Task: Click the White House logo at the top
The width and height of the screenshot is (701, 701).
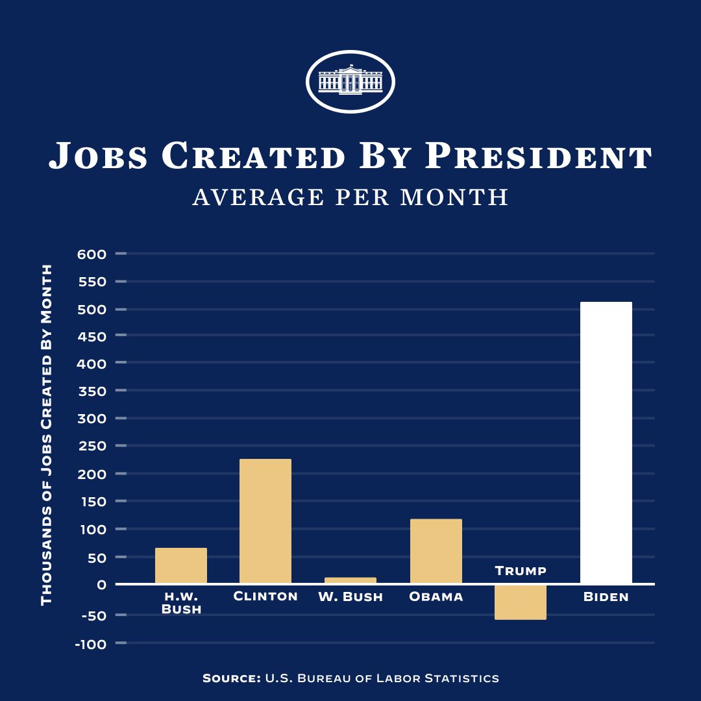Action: [x=350, y=82]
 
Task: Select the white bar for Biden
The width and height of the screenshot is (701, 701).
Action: [x=606, y=443]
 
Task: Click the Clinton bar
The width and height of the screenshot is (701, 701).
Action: [x=265, y=521]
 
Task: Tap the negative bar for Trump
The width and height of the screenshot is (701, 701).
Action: [x=521, y=602]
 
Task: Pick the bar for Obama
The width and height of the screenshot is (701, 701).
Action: [x=436, y=551]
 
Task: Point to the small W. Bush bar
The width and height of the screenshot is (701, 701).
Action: [x=350, y=580]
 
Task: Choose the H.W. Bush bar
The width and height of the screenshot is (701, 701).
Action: [x=181, y=565]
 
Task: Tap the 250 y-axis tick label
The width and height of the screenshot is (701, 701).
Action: [x=92, y=447]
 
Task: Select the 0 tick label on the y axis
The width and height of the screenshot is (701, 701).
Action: [x=101, y=585]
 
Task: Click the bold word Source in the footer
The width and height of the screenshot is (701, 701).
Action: [x=230, y=678]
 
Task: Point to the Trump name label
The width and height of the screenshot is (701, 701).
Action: [x=521, y=571]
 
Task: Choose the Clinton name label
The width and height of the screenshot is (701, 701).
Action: [x=265, y=596]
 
